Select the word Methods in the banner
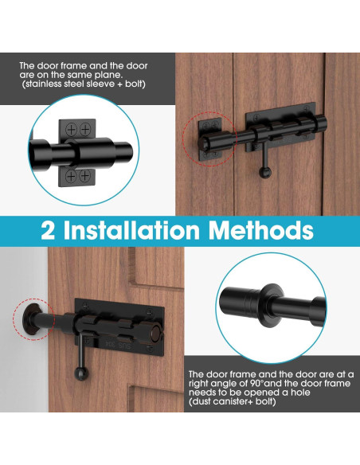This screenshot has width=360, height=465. point(262,231)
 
